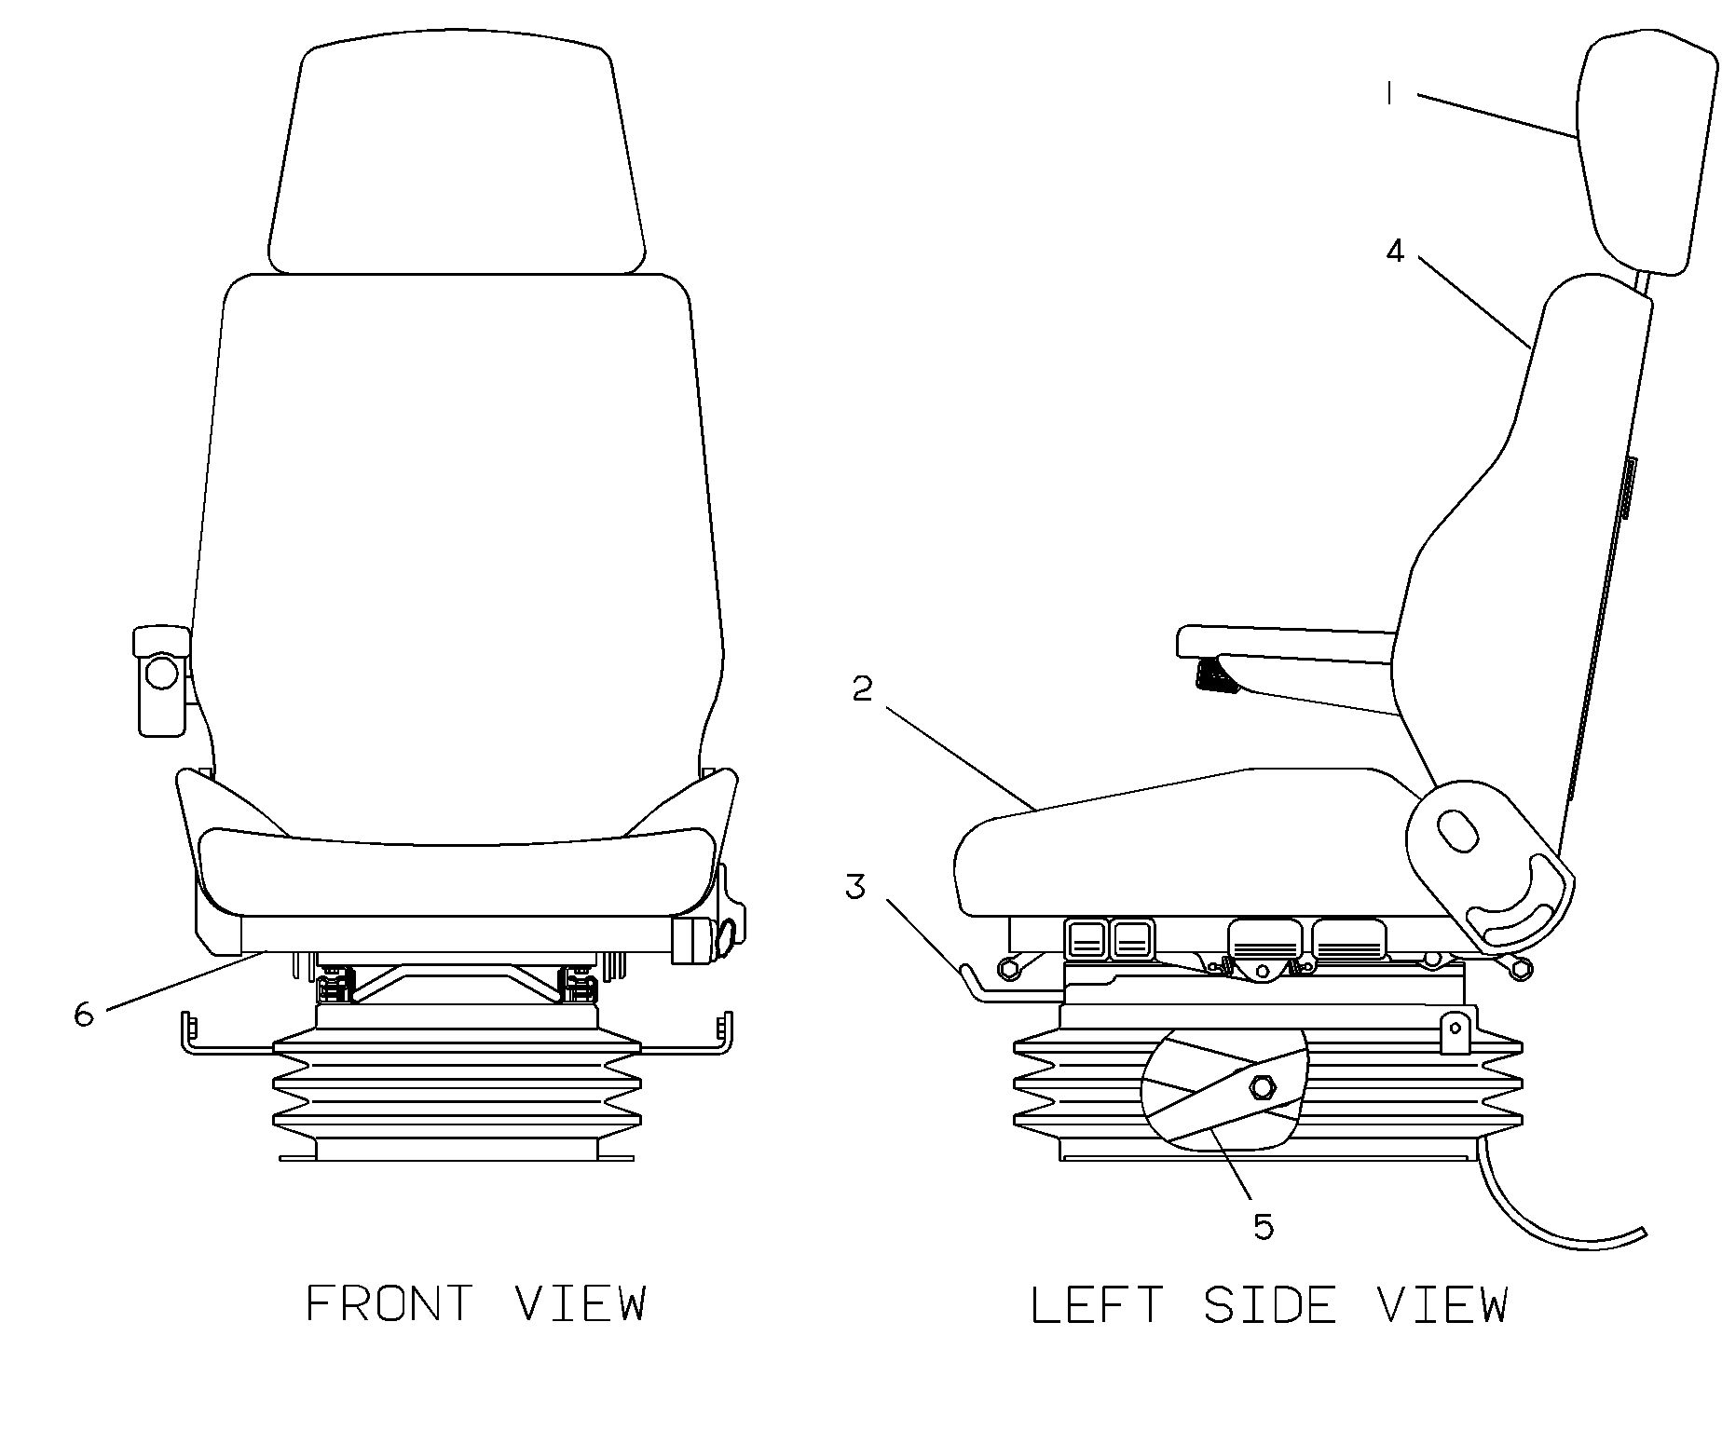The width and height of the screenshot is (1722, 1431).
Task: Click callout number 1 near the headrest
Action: point(1388,94)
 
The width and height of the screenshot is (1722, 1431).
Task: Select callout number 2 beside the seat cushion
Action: point(863,689)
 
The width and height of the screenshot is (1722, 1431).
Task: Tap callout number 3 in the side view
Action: point(855,887)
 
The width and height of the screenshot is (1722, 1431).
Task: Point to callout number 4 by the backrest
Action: point(1394,251)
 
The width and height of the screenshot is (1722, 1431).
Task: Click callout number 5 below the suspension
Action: point(1263,1227)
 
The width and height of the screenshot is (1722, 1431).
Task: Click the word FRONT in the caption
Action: point(389,1303)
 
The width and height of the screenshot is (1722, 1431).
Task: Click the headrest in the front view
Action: point(457,154)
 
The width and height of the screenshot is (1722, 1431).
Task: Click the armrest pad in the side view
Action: point(1286,644)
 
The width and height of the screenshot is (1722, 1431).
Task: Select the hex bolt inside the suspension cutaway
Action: point(1264,1086)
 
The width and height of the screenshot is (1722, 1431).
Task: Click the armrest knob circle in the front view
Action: point(162,672)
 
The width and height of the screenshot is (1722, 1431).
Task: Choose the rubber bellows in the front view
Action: point(457,1090)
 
